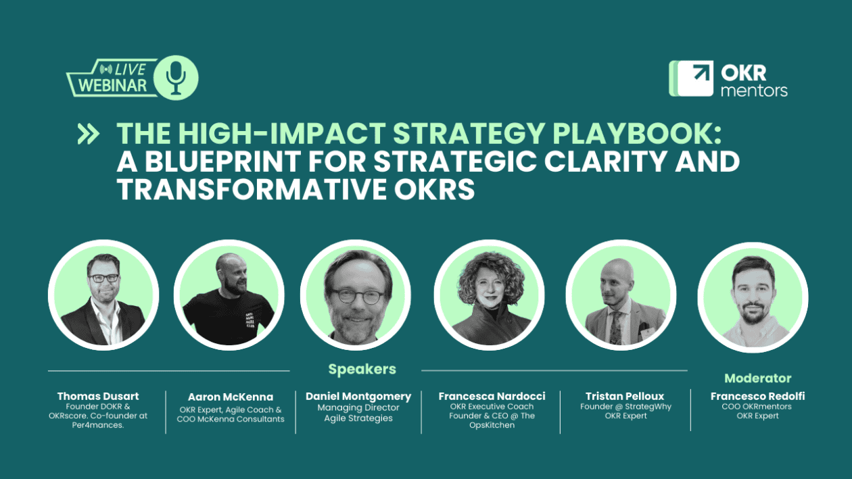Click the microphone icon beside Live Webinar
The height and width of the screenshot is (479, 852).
pos(176,77)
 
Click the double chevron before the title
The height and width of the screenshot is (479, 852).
pos(88,134)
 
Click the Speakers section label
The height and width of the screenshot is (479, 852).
pos(362,369)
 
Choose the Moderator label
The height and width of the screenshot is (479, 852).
pos(757,378)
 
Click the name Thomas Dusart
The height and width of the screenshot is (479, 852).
pos(99,396)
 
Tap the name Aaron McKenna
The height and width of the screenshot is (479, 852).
pos(231,397)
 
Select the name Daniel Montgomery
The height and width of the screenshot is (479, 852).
pos(358,397)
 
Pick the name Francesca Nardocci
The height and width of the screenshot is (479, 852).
pos(492,396)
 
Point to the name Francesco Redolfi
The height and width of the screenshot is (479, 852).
pos(757,396)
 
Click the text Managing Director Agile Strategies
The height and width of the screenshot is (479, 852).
pos(358,413)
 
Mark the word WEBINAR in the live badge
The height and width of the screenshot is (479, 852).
pos(112,86)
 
